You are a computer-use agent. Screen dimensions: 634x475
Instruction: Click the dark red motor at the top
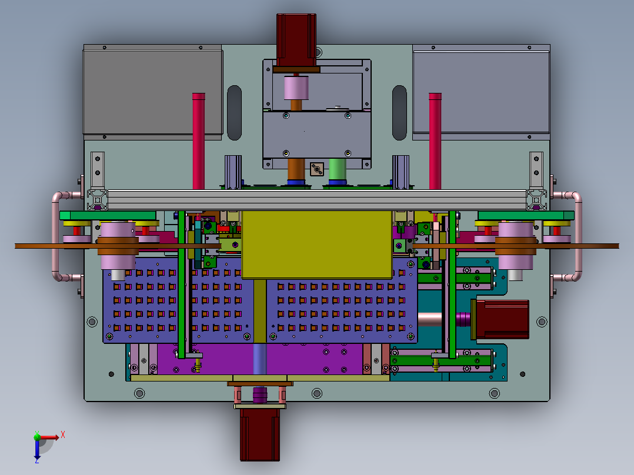(296, 40)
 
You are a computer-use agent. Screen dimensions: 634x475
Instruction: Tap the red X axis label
(63, 435)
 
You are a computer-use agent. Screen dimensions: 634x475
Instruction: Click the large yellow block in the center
(316, 245)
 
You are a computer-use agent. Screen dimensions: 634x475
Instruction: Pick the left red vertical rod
(199, 141)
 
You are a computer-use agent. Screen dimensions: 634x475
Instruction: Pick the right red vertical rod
(435, 141)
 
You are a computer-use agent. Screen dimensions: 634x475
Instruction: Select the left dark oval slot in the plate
(235, 113)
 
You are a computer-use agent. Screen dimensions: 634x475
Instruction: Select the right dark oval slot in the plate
(399, 113)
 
